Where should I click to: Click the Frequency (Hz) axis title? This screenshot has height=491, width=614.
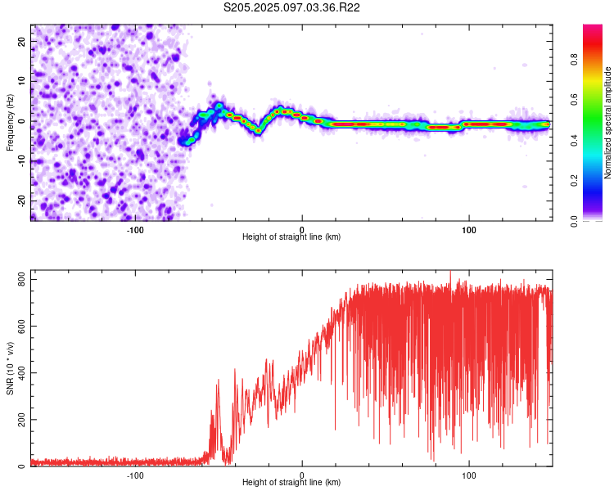[x=10, y=122]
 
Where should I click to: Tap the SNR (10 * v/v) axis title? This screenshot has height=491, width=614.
[x=10, y=369]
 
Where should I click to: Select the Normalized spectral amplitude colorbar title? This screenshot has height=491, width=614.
[x=608, y=123]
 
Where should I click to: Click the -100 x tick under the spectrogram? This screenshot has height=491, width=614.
[x=135, y=228]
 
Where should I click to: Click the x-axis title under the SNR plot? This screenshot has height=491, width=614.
[x=291, y=483]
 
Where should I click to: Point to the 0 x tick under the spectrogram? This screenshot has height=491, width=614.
[x=302, y=228]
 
